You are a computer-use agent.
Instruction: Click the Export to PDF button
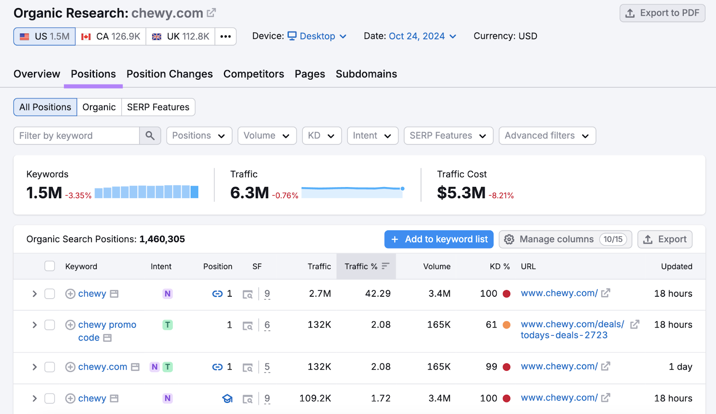click(662, 13)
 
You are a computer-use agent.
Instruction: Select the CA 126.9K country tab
click(111, 36)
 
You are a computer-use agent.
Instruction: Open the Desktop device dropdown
click(317, 36)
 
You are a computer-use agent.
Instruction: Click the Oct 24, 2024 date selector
click(422, 36)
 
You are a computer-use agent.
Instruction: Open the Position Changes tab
click(170, 74)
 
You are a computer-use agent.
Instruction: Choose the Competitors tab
click(253, 74)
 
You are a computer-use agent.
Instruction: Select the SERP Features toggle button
click(158, 107)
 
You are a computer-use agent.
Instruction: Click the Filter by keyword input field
click(77, 136)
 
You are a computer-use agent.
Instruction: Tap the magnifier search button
click(150, 136)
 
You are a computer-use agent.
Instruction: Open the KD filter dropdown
click(321, 136)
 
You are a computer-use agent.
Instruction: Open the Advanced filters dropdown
click(547, 136)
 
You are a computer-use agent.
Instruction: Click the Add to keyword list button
click(439, 239)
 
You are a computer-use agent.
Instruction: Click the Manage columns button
click(565, 239)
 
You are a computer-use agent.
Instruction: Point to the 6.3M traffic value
click(249, 193)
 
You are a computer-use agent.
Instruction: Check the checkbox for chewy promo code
click(50, 325)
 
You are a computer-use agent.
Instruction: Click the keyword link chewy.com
click(102, 367)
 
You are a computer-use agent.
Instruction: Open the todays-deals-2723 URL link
click(564, 335)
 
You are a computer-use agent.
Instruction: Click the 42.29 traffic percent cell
click(378, 294)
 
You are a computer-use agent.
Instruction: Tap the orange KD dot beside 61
click(507, 325)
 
